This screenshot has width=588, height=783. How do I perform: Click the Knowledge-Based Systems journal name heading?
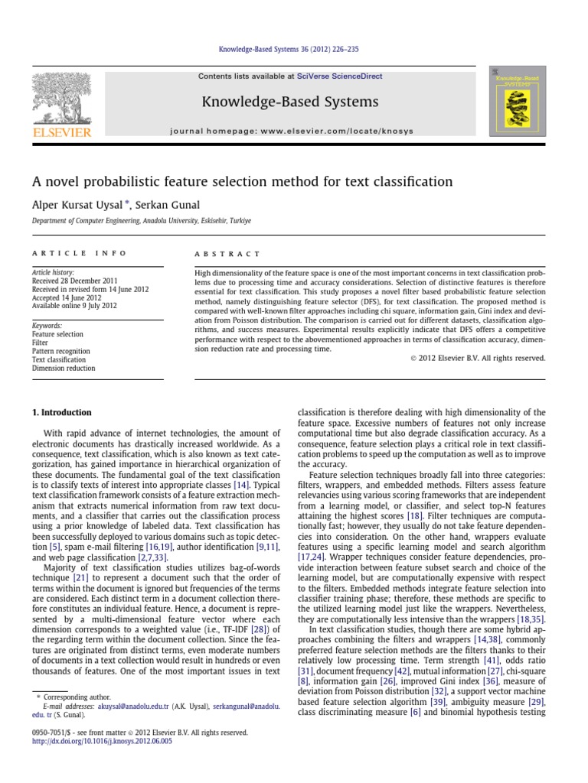(289, 102)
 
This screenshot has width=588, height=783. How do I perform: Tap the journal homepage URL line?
(302, 131)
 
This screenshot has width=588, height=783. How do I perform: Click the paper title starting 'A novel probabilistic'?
(241, 182)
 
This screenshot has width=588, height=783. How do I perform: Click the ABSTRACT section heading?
(228, 254)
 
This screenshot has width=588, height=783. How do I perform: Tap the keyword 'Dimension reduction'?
(64, 368)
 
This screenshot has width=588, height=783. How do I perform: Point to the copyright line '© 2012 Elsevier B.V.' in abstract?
(472, 357)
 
